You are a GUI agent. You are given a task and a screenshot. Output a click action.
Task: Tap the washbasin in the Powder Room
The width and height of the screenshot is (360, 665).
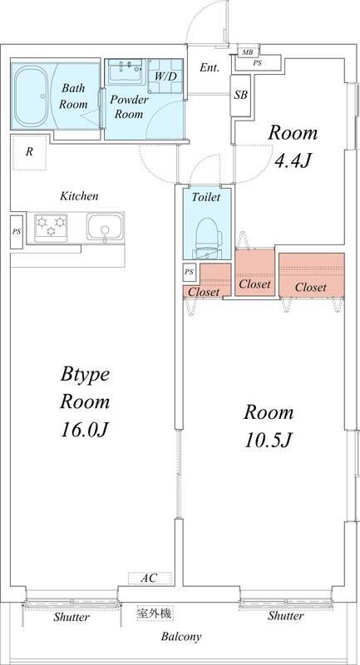(x=126, y=71)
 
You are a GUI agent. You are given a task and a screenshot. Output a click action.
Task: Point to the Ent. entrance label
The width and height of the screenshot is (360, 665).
(x=210, y=68)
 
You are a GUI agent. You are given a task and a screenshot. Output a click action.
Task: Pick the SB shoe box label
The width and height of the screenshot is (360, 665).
(x=241, y=95)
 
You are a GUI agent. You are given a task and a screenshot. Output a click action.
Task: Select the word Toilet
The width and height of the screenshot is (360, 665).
(x=205, y=198)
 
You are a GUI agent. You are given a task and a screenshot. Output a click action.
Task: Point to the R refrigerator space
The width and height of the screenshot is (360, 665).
(x=29, y=151)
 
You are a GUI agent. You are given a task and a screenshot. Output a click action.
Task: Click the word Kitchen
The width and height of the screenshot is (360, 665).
(x=79, y=196)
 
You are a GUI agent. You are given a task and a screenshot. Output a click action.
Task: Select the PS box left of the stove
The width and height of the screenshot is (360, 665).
(x=17, y=231)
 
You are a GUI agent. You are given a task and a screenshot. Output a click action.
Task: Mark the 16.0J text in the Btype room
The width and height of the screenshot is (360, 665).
(x=85, y=429)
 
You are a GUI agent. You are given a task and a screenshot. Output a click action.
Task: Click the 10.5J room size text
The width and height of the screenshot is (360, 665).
(x=268, y=438)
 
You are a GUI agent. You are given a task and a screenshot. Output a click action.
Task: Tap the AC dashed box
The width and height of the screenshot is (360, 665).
(x=150, y=577)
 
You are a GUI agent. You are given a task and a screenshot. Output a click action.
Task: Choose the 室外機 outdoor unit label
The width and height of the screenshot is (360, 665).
(x=155, y=613)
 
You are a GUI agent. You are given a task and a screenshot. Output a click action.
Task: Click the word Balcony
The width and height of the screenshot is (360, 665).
(x=180, y=637)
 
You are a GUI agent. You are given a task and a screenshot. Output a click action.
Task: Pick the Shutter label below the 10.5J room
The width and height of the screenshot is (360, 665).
(x=285, y=616)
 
